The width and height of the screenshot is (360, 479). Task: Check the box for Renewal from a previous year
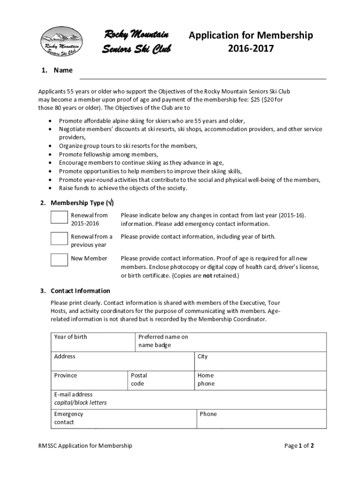point(59,239)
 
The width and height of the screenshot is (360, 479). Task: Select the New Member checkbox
point(59,259)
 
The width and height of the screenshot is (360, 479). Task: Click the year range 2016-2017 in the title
point(250,49)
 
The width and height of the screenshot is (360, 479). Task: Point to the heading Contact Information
point(80,291)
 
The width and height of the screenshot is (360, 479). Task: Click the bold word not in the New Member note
point(207,276)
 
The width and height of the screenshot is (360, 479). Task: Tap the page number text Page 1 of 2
point(299,446)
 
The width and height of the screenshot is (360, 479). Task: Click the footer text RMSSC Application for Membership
point(85,446)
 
